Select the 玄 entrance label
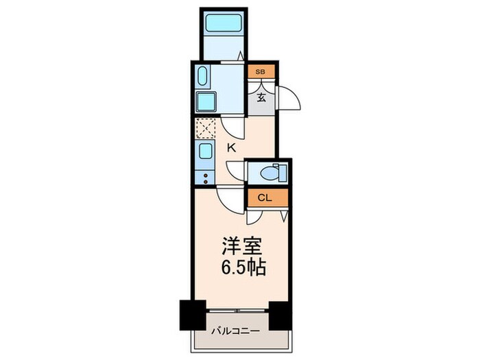pos(261,96)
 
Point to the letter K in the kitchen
pos(232,147)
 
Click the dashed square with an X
pos(206,129)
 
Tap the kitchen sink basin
pos(206,151)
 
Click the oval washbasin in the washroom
pos(204,75)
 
